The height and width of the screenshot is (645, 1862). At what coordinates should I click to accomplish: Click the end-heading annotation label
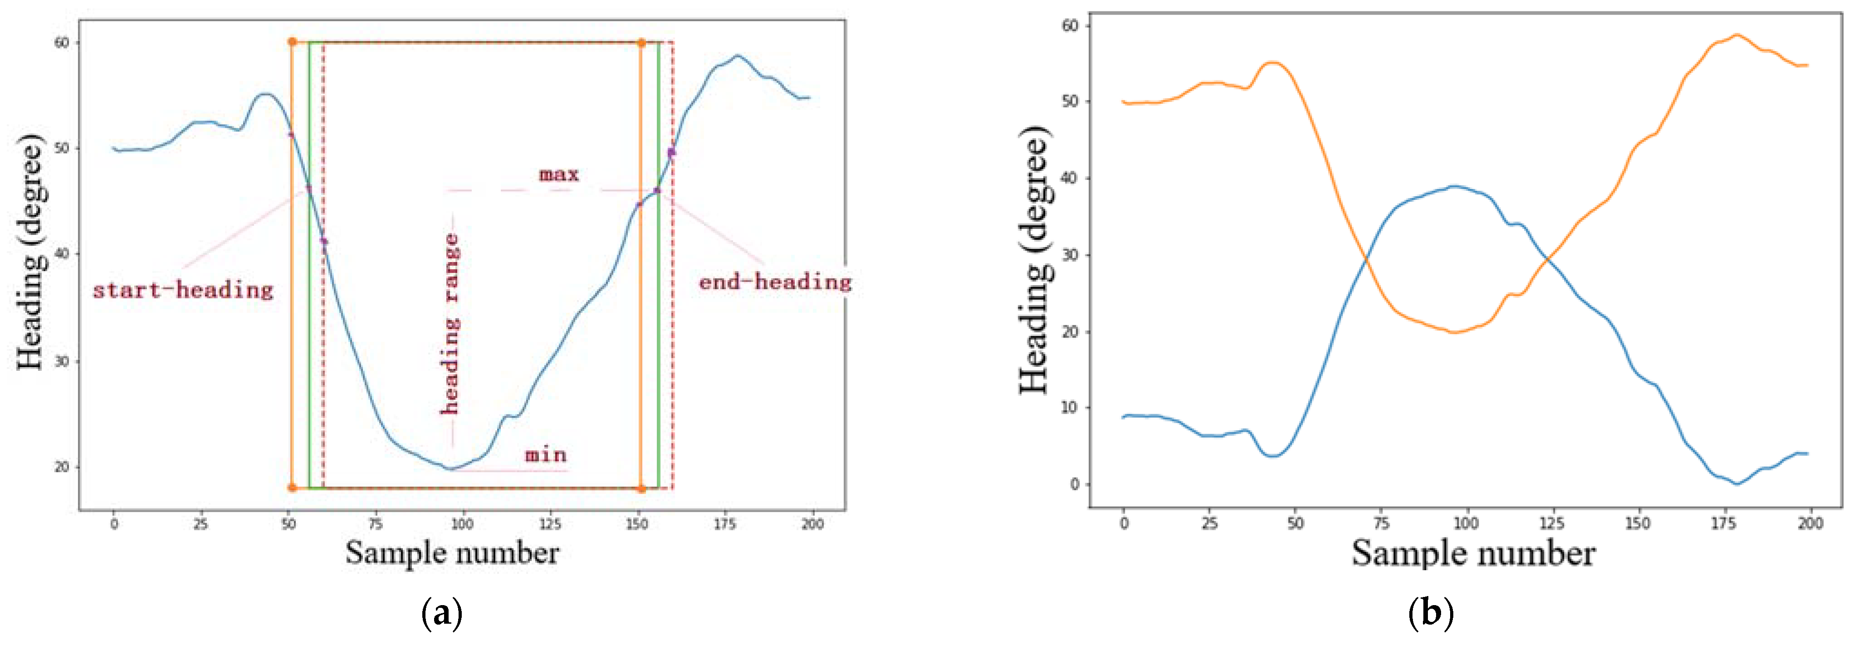tap(775, 281)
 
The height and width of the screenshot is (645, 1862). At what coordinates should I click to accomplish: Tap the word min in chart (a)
tap(546, 455)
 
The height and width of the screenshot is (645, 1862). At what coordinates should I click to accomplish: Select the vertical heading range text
tap(451, 324)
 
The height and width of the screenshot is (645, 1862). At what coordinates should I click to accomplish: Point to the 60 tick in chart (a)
tap(62, 43)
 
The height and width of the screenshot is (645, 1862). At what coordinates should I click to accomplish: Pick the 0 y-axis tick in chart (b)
tap(1075, 484)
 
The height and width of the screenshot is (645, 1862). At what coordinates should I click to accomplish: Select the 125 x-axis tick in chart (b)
tap(1551, 524)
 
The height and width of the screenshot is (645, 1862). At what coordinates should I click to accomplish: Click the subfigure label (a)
tap(441, 614)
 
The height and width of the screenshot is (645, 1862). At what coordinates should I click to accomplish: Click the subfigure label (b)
tap(1431, 614)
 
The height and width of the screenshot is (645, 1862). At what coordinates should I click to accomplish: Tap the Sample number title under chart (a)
tap(452, 553)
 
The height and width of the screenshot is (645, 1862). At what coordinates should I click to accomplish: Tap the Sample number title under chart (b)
tap(1473, 553)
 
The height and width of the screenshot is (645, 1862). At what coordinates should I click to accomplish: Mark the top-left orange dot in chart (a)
tap(292, 42)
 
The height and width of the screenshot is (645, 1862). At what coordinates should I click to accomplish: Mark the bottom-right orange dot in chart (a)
tap(641, 488)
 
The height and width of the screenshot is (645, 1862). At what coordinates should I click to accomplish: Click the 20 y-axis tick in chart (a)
tap(62, 466)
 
